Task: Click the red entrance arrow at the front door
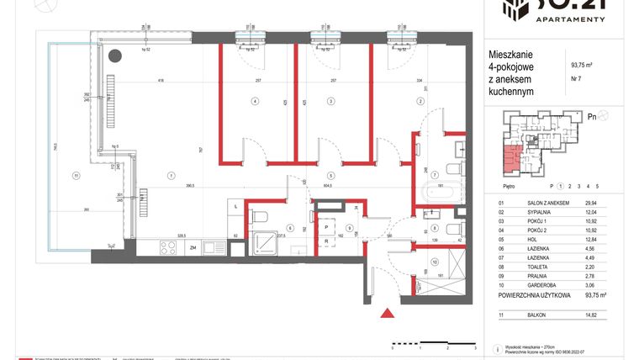point(388,314)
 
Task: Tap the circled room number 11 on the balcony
point(76,176)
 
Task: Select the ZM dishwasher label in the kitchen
point(193,248)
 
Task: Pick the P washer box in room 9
point(325,226)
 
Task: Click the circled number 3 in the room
point(330,101)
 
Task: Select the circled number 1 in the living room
point(172,176)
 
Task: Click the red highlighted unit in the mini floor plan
point(510,156)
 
